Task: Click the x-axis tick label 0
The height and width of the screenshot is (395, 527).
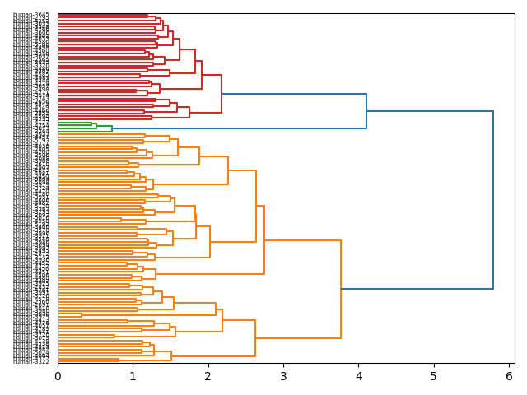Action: (58, 376)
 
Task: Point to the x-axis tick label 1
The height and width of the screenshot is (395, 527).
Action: (133, 376)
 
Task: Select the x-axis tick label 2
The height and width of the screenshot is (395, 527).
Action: (208, 376)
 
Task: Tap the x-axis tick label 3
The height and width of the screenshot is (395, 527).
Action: (283, 376)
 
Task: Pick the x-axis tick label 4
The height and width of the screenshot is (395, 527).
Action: (358, 376)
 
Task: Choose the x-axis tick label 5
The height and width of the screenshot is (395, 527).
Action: (434, 376)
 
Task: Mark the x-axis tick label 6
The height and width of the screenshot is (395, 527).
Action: (509, 376)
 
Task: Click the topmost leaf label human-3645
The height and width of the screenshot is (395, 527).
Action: (31, 15)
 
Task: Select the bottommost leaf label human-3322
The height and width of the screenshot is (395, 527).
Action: (31, 361)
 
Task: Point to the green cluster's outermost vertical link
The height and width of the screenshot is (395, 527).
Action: (112, 128)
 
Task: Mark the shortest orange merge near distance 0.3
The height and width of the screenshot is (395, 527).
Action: (82, 314)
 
